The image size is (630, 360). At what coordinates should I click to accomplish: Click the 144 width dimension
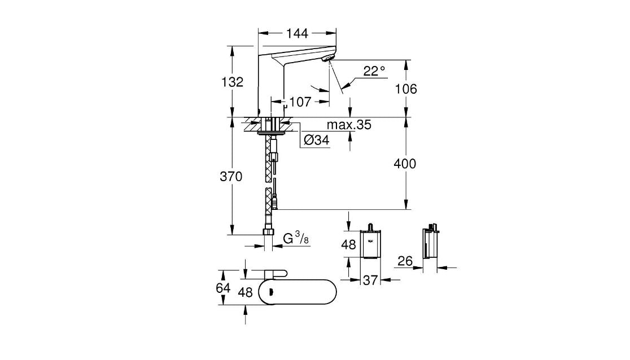pos(297,34)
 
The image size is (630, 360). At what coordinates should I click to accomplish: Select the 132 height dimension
pos(232,82)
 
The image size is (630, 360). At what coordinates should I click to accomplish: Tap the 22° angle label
pos(374,71)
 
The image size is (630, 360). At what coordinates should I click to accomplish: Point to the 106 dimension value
pos(405,89)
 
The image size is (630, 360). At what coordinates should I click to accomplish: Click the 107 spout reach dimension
pos(300,102)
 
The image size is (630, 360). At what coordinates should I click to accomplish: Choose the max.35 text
pos(349,125)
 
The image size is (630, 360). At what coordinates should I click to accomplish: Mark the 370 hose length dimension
pos(231,177)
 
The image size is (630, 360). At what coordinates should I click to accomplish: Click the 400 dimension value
pos(405,164)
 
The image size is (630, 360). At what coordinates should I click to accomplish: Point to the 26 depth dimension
pos(404,261)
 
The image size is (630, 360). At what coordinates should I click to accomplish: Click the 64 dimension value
pos(224,288)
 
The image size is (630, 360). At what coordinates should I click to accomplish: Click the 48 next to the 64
pos(245,292)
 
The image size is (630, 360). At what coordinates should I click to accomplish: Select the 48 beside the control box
pos(349,244)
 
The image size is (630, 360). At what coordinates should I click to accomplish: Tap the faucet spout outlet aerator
pos(327,58)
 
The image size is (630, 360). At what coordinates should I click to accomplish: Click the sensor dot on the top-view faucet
pos(271,292)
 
